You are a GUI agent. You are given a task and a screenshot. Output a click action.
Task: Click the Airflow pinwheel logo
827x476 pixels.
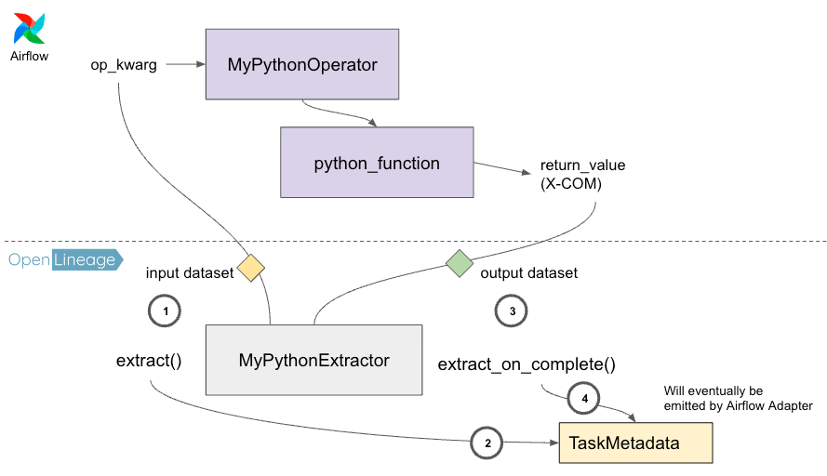pos(29,29)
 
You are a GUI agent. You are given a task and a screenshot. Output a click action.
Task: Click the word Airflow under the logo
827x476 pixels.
pos(29,56)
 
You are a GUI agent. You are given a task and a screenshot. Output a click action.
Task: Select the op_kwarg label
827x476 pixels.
pos(123,66)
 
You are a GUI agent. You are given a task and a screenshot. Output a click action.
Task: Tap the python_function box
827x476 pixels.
pos(377,163)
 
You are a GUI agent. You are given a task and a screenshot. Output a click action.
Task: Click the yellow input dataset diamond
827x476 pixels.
pos(250,268)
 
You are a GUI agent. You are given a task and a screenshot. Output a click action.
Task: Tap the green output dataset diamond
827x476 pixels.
pos(460,263)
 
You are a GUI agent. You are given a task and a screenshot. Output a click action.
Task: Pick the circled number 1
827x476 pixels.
pos(165,312)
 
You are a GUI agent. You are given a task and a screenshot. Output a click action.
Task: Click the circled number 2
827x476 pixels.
pos(487,443)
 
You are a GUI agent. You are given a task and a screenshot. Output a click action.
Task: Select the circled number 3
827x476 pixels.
pos(512,312)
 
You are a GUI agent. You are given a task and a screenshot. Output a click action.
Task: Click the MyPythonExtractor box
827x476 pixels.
pos(313,360)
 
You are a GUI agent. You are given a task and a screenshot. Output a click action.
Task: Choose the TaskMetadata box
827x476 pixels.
pos(634,443)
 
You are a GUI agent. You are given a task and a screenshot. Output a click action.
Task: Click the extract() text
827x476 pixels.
pos(148,361)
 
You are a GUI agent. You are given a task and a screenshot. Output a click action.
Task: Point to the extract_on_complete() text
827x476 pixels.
pos(527,364)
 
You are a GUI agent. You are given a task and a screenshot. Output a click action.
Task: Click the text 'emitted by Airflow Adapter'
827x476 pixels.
pos(738,405)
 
